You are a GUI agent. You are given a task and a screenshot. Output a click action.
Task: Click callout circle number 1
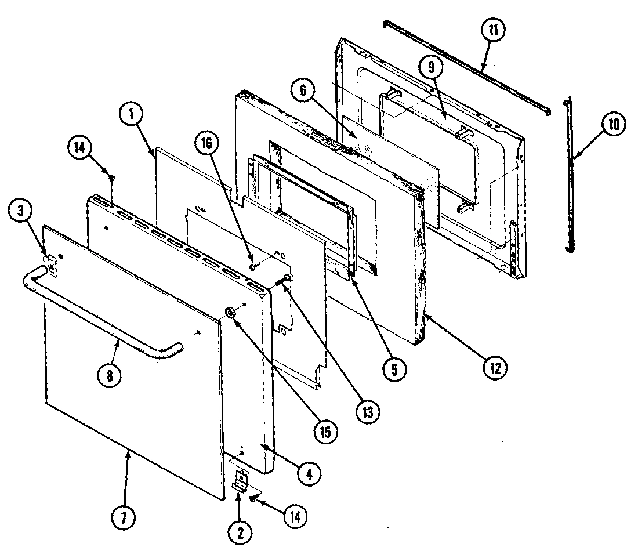132,115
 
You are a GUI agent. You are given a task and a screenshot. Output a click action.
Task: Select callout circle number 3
21,212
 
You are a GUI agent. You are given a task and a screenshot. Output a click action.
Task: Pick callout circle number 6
307,90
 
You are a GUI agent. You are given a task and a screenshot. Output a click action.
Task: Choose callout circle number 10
615,124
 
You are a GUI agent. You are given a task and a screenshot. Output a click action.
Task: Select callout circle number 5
394,368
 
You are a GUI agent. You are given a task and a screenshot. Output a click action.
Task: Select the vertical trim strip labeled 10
572,174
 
